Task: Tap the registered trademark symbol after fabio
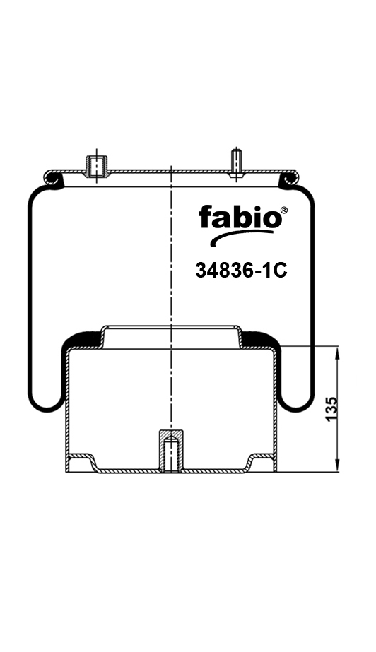pos(284,210)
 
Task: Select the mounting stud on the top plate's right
pos(236,161)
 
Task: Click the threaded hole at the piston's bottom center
pos(170,453)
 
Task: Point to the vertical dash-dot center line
pos(171,297)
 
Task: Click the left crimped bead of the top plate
pos(56,182)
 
